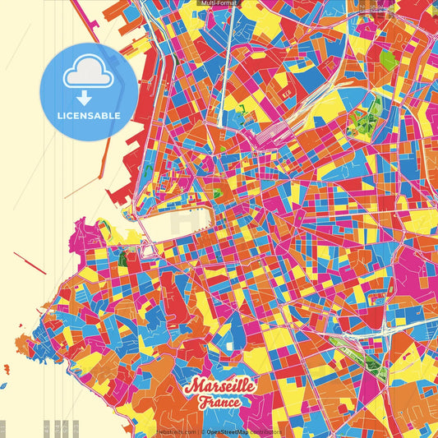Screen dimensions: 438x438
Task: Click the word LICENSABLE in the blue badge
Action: click(89, 116)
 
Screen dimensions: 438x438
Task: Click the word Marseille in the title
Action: click(220, 385)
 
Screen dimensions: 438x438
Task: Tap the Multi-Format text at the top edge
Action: click(219, 3)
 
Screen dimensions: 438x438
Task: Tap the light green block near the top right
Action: click(388, 60)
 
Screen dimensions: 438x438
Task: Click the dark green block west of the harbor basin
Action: click(123, 260)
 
